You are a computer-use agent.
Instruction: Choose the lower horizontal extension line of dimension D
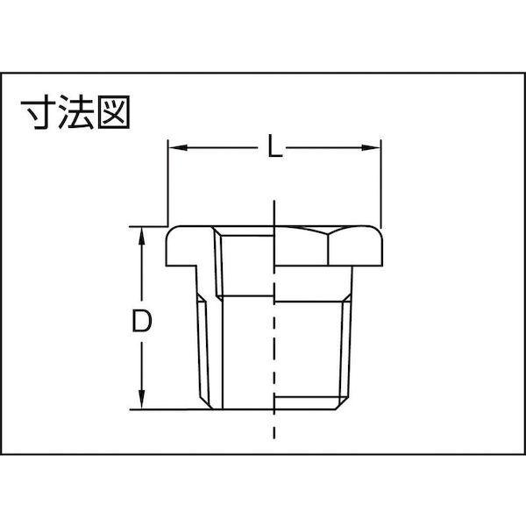click(167, 409)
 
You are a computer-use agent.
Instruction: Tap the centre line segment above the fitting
click(274, 210)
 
